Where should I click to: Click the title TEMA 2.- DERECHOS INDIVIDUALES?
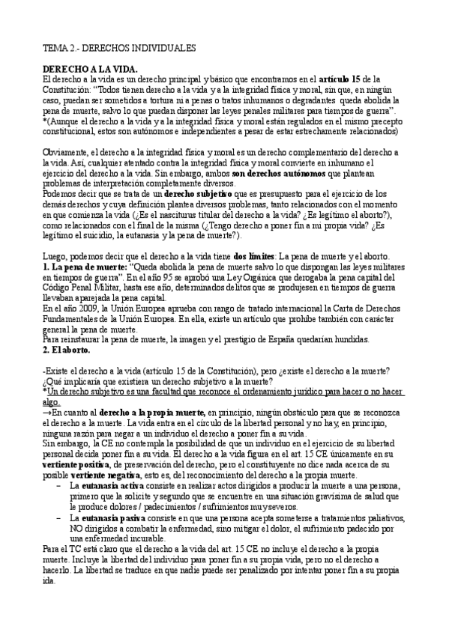(x=119, y=48)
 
